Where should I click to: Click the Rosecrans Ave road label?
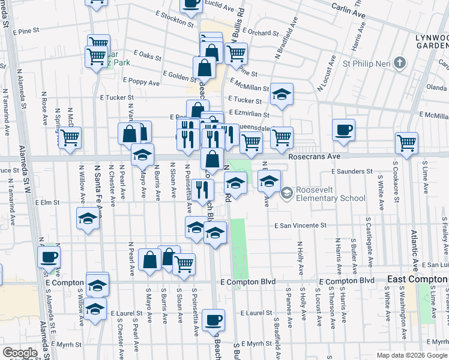click(x=314, y=155)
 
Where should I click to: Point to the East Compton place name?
click(x=417, y=279)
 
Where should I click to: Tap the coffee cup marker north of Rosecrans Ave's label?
click(x=343, y=130)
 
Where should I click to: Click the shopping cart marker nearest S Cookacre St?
click(x=406, y=143)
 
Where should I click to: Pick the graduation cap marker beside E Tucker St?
click(x=281, y=94)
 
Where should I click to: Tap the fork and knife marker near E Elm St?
click(x=203, y=190)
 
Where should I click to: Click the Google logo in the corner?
click(x=20, y=353)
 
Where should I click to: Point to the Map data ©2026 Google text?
click(x=411, y=355)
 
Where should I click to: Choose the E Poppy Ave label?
click(x=141, y=80)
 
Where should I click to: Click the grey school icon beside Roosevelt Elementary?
click(x=286, y=192)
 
